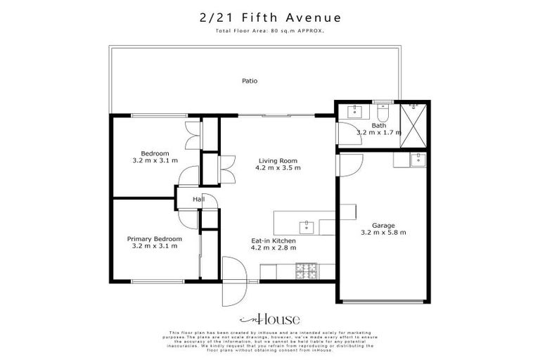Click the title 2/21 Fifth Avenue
pos(269,17)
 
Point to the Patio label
pos(250,81)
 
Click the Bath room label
pos(378,125)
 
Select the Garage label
pos(383,225)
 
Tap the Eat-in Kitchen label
pos(274,240)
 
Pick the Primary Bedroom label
pos(155,239)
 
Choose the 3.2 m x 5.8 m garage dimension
pos(383,233)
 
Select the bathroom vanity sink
pos(355,111)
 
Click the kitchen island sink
pos(307,226)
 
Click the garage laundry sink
pos(419,159)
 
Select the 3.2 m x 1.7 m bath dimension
pos(378,133)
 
